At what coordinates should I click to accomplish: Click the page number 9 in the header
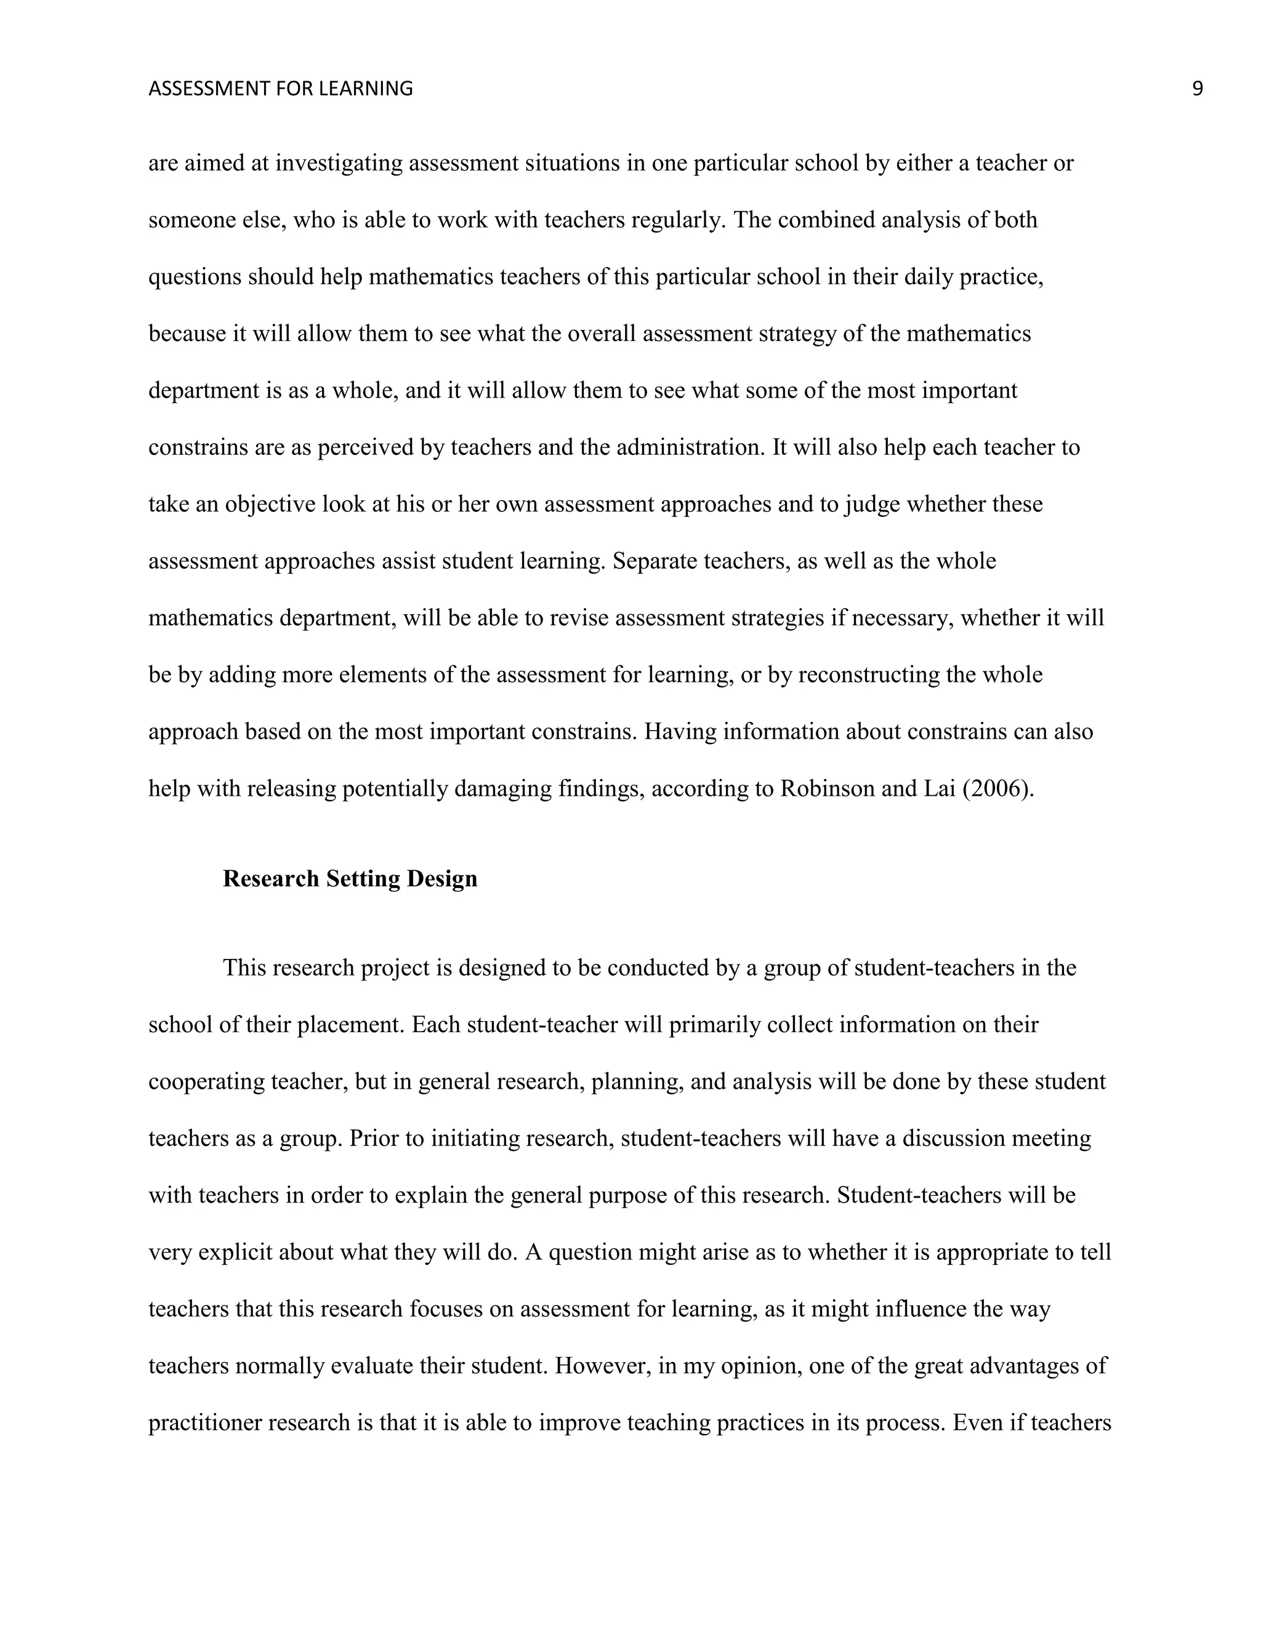coord(1198,89)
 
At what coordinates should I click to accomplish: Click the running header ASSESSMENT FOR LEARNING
coord(280,89)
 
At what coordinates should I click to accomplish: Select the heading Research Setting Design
coord(350,879)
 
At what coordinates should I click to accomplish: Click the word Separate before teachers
coord(655,561)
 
